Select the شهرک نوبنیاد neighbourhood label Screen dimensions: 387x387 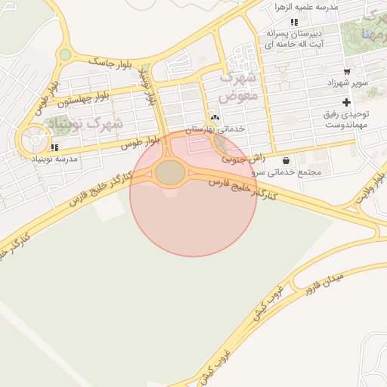73,124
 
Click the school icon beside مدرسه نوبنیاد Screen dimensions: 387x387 54,148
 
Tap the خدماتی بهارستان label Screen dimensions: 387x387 216,130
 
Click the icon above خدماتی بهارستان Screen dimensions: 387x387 215,118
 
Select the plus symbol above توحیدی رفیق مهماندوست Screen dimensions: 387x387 346,102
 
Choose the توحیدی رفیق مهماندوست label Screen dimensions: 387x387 347,119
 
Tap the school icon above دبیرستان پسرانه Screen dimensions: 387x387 294,22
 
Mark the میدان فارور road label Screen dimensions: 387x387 326,283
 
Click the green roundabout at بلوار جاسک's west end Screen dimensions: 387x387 66,54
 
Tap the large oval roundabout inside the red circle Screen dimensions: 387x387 171,173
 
